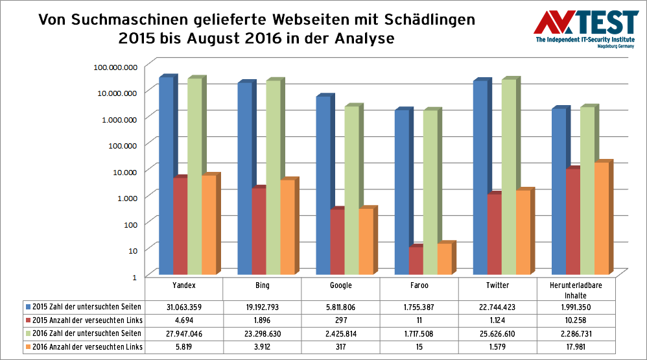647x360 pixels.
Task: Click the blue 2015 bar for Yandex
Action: pyautogui.click(x=166, y=175)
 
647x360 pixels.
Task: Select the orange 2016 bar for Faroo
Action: pyautogui.click(x=444, y=259)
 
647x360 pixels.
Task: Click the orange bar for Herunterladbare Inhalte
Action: pyautogui.click(x=602, y=217)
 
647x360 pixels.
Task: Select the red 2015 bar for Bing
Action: pyautogui.click(x=259, y=230)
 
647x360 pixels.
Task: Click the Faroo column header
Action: pyautogui.click(x=419, y=285)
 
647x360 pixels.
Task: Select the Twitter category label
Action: pyautogui.click(x=497, y=285)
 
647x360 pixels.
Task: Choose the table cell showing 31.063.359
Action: pyautogui.click(x=183, y=307)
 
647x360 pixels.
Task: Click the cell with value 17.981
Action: pyautogui.click(x=576, y=347)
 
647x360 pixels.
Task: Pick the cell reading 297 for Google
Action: pyautogui.click(x=340, y=320)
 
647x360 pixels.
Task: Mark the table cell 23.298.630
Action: pyautogui.click(x=262, y=333)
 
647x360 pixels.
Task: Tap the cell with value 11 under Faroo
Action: pyautogui.click(x=419, y=320)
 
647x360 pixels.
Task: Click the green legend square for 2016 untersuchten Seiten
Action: pyautogui.click(x=28, y=333)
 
